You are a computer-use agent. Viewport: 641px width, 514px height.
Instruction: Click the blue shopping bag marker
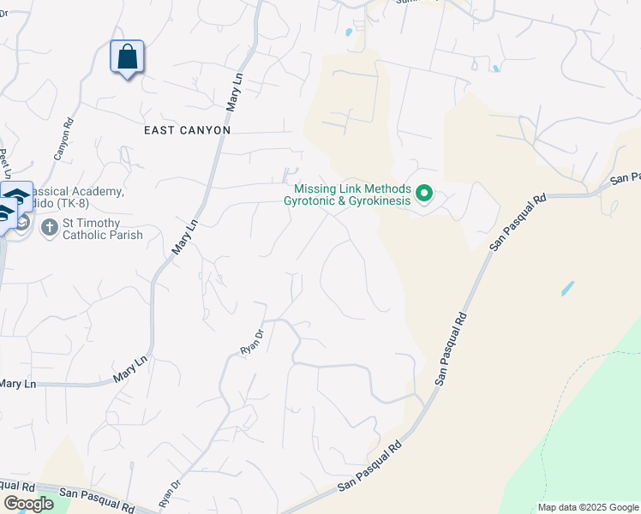(x=127, y=57)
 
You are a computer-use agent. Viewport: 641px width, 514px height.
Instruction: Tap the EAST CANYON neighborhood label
(x=187, y=130)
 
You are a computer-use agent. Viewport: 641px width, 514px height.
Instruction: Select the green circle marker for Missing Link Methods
(x=423, y=195)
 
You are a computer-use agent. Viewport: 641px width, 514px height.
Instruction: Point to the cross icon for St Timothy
(x=50, y=226)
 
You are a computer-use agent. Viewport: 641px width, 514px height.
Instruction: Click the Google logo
(x=28, y=504)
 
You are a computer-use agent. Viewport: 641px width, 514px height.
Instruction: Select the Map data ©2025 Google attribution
(x=587, y=507)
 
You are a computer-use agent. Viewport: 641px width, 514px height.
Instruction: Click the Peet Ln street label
(x=4, y=159)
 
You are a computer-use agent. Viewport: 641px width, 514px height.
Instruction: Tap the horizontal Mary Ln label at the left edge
(x=17, y=384)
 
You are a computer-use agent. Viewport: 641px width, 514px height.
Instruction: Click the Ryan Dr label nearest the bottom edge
(x=170, y=493)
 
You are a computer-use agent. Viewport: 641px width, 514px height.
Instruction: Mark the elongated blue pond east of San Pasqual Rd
(x=568, y=288)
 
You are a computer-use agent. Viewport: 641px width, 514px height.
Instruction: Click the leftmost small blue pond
(x=348, y=33)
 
